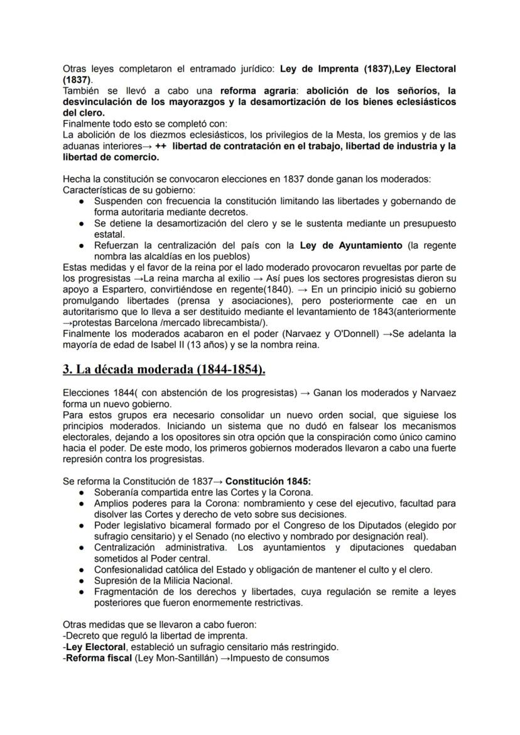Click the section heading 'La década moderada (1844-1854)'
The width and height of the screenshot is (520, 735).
164,370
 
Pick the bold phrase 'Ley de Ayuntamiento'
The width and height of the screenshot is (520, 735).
351,245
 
